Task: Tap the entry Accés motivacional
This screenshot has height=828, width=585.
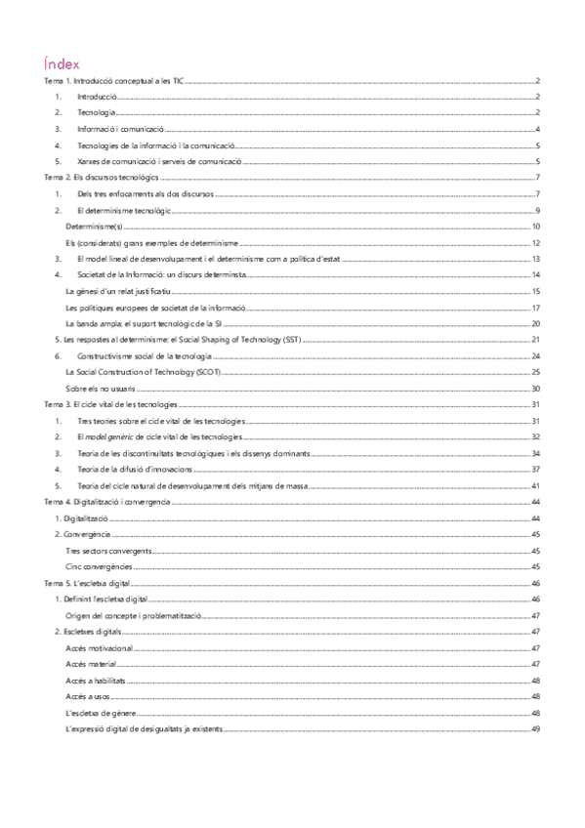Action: pos(99,647)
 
